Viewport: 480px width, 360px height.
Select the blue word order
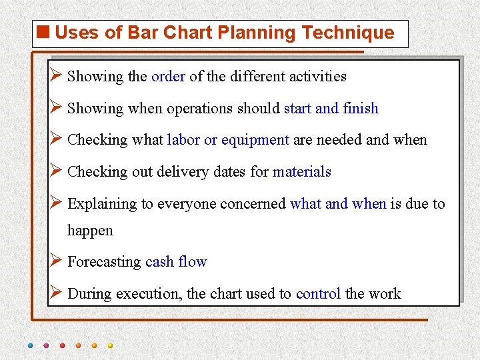168,77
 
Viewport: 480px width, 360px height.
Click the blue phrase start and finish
331,109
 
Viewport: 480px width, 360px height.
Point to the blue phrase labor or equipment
228,140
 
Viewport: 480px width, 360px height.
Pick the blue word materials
301,172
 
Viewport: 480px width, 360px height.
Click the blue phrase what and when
338,204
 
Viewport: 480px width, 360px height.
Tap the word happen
90,231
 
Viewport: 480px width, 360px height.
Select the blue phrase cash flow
176,262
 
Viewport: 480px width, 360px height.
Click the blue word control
319,294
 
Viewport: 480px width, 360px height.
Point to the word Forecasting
104,262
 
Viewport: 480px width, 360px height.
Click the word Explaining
102,204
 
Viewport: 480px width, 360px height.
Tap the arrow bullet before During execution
56,293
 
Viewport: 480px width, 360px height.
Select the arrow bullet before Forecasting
56,261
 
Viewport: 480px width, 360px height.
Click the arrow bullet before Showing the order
56,75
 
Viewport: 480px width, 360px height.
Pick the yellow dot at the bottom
110,346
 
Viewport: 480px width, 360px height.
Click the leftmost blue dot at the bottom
30,346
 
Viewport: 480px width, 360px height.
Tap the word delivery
182,172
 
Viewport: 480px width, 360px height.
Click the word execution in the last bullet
146,294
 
